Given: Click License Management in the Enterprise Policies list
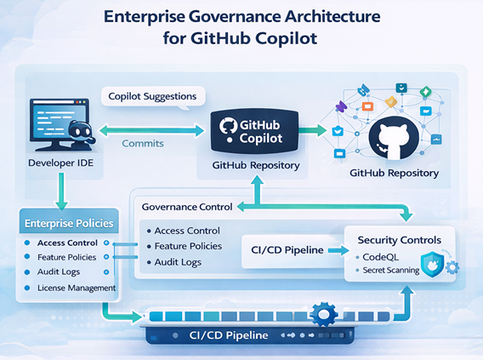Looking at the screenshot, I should (x=77, y=288).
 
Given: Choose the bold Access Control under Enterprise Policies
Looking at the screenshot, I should (x=69, y=243).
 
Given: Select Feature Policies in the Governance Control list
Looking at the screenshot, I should (x=188, y=246).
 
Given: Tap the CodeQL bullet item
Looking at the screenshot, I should (x=389, y=256).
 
